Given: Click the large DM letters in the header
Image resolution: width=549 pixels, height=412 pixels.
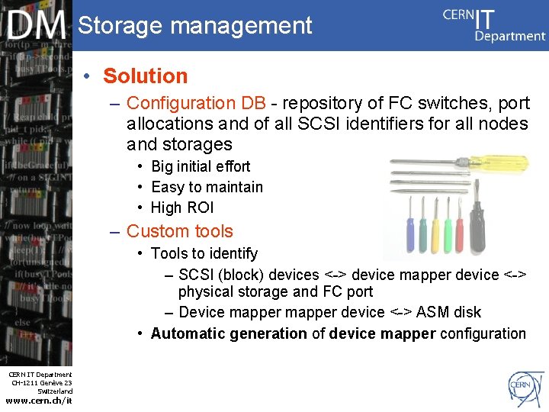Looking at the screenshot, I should coord(37,27).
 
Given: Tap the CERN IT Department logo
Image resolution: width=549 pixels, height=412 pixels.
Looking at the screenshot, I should coord(494,24).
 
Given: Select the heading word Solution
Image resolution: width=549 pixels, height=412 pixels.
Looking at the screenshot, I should coord(145,76).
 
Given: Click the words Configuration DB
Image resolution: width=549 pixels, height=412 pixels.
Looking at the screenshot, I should coord(196,103).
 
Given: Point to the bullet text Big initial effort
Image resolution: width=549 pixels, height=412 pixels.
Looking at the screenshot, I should coord(201,166).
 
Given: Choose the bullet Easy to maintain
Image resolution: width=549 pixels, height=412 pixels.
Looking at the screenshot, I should coord(207,187).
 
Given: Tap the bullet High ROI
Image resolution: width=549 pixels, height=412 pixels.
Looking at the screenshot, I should coord(182,208).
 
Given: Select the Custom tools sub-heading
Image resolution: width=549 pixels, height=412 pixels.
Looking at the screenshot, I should coord(179,231).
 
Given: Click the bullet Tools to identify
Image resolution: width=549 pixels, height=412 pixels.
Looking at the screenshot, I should coord(204,253).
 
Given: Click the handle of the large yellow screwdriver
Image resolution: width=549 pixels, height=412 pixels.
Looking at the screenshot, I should coord(503,162).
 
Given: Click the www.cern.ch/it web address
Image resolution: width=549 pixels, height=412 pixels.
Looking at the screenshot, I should coord(38,401).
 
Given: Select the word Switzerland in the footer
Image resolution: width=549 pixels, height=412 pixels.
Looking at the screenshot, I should coord(55,391).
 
